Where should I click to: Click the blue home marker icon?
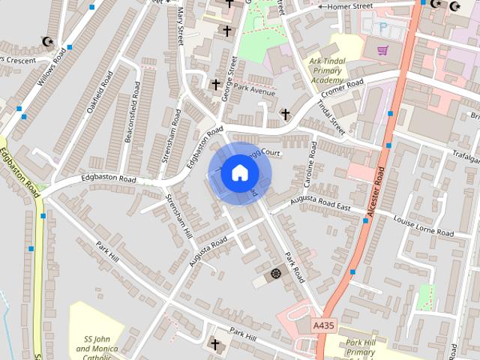pos(239,173)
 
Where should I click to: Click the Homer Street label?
pos(349,7)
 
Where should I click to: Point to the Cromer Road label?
pos(342,88)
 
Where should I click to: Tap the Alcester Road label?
pos(377,193)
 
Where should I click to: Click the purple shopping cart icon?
pos(382,50)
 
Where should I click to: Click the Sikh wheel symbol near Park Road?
pos(276,274)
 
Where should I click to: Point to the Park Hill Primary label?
pos(361,348)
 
